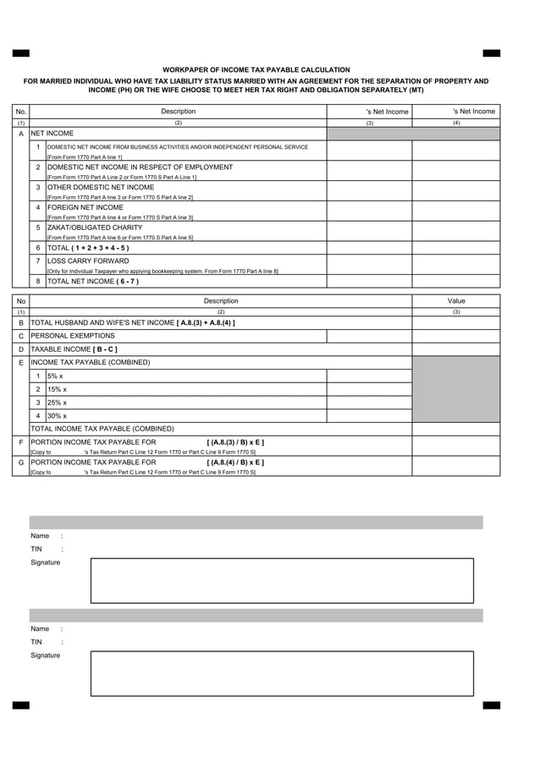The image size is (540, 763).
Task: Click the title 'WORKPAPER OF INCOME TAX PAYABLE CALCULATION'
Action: point(256,69)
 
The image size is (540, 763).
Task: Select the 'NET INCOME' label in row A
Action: point(52,134)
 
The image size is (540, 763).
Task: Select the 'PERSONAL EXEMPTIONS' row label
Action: point(73,336)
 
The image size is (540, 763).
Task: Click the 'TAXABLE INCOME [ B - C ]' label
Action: point(74,349)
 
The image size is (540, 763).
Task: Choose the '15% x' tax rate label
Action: point(58,389)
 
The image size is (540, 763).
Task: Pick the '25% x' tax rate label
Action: point(58,403)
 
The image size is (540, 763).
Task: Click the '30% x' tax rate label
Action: point(58,416)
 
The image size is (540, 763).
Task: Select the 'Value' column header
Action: point(456,301)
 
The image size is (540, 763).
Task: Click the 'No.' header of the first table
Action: point(21,112)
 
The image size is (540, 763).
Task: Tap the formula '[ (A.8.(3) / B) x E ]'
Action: point(235,442)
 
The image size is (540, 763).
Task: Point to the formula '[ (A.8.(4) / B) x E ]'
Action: point(235,463)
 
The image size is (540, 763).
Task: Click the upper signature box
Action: point(282,580)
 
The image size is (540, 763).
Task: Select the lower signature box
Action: point(282,673)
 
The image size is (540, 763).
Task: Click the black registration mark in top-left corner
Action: point(21,53)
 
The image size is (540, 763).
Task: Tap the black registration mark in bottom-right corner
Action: point(491,705)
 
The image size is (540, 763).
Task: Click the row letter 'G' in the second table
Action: point(21,464)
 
